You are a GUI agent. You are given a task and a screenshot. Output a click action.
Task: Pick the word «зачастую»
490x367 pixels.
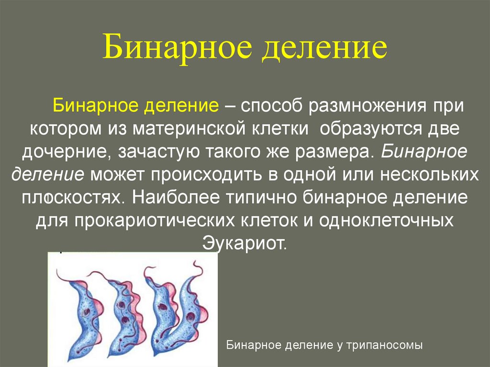pyautogui.click(x=156, y=152)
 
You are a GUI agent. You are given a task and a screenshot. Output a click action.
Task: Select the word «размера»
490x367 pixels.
pyautogui.click(x=341, y=152)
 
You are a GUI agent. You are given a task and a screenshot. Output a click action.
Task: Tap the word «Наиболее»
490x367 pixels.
pyautogui.click(x=182, y=198)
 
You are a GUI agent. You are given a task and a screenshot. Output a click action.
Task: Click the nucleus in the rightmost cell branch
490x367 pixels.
pyautogui.click(x=191, y=315)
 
